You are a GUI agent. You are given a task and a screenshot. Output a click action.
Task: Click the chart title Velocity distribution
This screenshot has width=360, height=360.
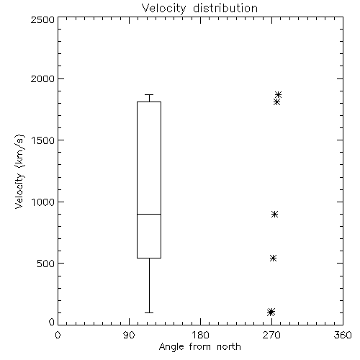tap(199, 9)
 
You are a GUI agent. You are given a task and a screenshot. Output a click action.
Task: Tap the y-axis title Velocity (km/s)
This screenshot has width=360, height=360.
tap(19, 171)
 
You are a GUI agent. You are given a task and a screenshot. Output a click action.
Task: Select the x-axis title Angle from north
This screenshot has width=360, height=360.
tap(199, 347)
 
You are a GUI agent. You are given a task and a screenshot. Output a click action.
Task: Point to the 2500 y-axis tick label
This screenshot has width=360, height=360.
tap(42, 19)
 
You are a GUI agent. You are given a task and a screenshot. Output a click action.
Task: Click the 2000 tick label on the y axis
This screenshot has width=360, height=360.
tap(42, 78)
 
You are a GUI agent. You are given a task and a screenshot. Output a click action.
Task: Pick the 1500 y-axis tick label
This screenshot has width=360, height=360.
tap(43, 140)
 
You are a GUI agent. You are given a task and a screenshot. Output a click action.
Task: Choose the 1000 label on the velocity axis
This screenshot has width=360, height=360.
tap(43, 202)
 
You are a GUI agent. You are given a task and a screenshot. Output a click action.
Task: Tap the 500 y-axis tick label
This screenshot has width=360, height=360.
tap(46, 264)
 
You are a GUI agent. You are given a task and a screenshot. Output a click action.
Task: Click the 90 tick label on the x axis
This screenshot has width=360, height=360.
tap(129, 335)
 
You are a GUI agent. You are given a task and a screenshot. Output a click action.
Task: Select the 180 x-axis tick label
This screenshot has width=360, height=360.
tap(200, 335)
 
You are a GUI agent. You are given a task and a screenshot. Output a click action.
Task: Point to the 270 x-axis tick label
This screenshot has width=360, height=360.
tap(271, 335)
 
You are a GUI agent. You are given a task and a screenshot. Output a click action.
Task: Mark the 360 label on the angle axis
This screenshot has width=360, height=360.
tap(343, 335)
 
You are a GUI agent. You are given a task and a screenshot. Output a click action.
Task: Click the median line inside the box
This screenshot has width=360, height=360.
tap(149, 214)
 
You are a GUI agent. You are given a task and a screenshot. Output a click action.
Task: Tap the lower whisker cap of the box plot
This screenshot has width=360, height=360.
tap(149, 312)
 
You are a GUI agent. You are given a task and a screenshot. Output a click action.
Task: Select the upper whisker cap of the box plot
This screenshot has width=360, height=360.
tap(149, 94)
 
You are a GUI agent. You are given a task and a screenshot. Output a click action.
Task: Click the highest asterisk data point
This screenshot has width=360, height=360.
tap(278, 94)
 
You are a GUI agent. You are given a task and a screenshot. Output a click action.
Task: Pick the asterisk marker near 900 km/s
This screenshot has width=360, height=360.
tap(275, 214)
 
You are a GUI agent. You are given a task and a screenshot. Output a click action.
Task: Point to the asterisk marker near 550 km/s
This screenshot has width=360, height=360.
tap(273, 258)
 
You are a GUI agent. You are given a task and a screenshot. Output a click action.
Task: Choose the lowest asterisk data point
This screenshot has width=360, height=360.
tap(271, 312)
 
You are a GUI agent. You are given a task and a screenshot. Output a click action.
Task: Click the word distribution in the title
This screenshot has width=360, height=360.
tap(225, 9)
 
